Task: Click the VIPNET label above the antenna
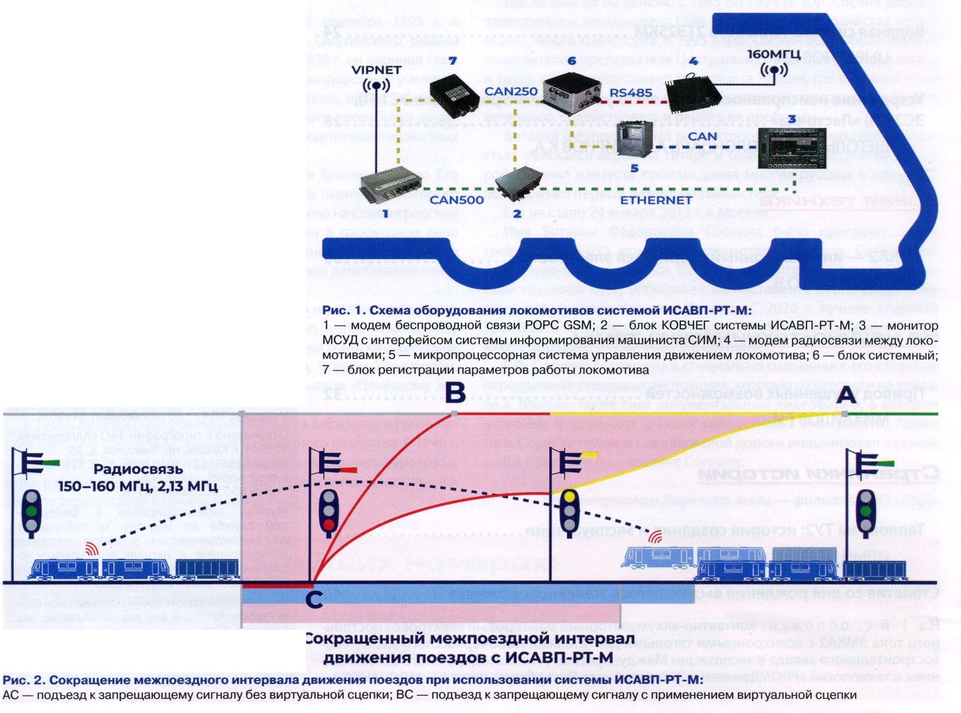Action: pos(377,69)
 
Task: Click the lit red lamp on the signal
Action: pos(329,525)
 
